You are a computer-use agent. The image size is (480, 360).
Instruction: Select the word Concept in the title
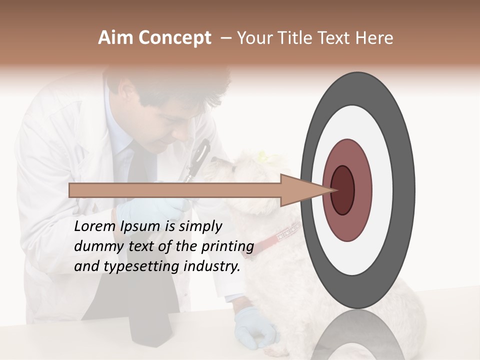click(x=174, y=38)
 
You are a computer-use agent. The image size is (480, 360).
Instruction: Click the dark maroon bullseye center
click(x=342, y=190)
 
